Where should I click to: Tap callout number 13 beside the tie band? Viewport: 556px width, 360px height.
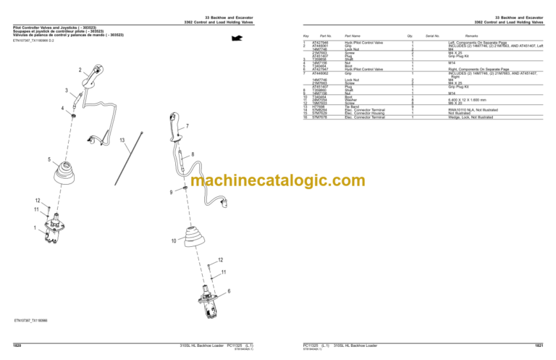[x=122, y=139]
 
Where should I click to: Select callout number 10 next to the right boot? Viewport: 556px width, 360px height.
[x=174, y=240]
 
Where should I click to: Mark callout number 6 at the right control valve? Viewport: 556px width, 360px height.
[x=229, y=290]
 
